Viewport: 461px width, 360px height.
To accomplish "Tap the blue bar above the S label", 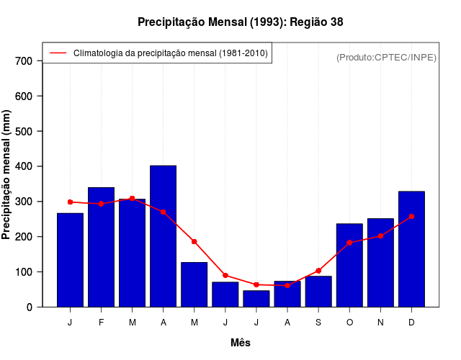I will tap(318, 292).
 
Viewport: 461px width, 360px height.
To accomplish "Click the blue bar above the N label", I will tap(380, 263).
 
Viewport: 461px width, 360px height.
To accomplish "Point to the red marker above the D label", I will tap(411, 216).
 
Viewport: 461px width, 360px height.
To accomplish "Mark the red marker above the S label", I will tap(318, 271).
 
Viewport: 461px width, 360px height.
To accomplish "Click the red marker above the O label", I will tap(349, 243).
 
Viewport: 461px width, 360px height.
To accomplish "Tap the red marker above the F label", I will tap(101, 204).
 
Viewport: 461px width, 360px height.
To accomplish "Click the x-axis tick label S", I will tap(318, 323).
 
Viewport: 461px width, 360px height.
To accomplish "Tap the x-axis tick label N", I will tap(380, 323).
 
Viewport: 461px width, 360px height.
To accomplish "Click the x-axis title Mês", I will tap(241, 343).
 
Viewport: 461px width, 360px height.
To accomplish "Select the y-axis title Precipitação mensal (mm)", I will tap(7, 175).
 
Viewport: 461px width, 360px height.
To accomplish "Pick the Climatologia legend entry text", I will tap(170, 53).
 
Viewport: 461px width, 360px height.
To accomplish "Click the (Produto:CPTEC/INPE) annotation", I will tap(386, 58).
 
